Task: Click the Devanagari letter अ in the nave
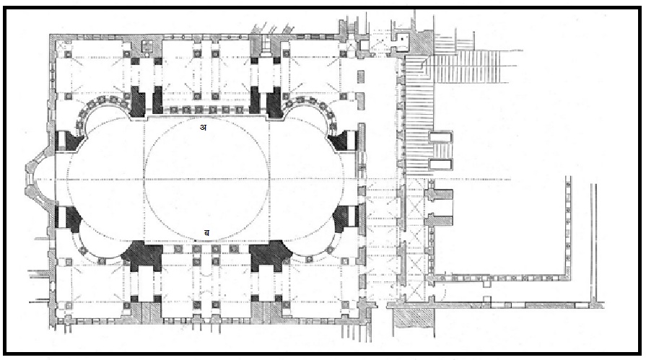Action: [203, 127]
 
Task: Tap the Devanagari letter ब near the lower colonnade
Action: [207, 233]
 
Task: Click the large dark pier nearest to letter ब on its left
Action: [142, 255]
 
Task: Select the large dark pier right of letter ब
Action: [270, 255]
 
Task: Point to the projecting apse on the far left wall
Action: [40, 180]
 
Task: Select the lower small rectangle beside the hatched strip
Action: [440, 164]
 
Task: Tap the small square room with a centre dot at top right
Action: [403, 38]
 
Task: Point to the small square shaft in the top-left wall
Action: [147, 45]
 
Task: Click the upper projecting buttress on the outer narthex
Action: [440, 196]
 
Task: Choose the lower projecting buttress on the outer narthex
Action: [440, 220]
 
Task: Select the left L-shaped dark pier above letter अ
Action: [139, 100]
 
